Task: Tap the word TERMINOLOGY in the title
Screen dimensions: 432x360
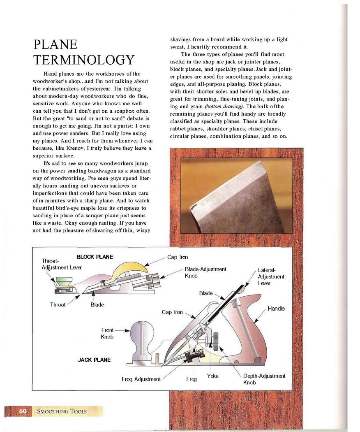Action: pyautogui.click(x=84, y=60)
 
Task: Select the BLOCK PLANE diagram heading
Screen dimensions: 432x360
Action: pyautogui.click(x=95, y=257)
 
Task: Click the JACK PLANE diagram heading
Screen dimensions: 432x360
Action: pyautogui.click(x=94, y=360)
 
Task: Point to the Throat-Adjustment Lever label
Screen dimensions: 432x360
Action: pyautogui.click(x=62, y=264)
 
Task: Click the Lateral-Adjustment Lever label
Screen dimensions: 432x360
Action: pyautogui.click(x=271, y=276)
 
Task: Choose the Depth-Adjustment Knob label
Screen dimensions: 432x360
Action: pyautogui.click(x=264, y=379)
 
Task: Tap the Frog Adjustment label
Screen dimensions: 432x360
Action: pyautogui.click(x=141, y=379)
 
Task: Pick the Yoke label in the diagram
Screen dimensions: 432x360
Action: pyautogui.click(x=212, y=376)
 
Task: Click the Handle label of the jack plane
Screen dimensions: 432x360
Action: pyautogui.click(x=276, y=309)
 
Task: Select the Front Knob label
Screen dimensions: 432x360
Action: pyautogui.click(x=107, y=333)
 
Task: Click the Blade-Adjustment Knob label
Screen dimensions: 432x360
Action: pyautogui.click(x=205, y=272)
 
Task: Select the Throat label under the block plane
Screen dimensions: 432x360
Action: pyautogui.click(x=58, y=305)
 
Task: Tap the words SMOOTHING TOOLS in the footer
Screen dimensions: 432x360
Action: pyautogui.click(x=62, y=411)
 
